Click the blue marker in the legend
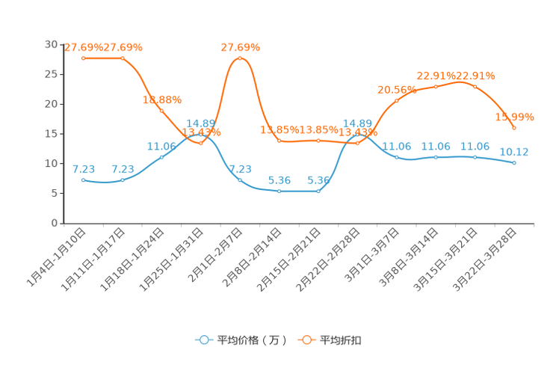coord(203,340)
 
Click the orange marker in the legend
coord(306,340)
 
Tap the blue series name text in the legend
coord(251,340)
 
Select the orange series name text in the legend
coord(342,340)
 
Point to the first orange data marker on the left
coord(83,58)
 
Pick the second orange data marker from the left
coord(123,58)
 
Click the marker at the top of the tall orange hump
coord(240,58)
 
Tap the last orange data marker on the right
coord(515,128)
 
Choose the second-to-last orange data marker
coord(475,86)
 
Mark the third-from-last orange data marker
coord(436,86)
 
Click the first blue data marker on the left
coord(83,180)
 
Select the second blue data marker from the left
coord(123,180)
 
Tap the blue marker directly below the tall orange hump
coord(240,180)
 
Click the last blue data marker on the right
coord(515,162)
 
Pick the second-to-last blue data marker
coord(475,157)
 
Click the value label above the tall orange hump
coord(240,46)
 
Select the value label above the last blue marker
coord(515,151)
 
